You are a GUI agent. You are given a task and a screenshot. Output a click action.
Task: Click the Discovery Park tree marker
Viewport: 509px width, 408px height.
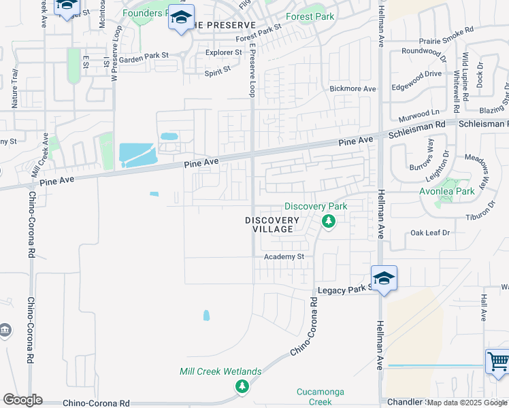click(x=329, y=222)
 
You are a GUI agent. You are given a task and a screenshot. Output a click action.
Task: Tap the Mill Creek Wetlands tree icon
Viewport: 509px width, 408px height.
click(x=242, y=386)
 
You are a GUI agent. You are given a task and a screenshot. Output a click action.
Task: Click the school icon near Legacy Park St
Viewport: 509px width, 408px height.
click(x=384, y=279)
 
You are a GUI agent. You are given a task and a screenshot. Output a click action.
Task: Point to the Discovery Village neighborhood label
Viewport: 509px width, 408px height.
click(x=272, y=224)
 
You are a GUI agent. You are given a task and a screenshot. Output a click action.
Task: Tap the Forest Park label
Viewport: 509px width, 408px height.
click(x=310, y=16)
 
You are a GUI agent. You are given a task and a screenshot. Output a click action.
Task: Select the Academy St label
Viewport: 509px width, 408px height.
click(x=283, y=256)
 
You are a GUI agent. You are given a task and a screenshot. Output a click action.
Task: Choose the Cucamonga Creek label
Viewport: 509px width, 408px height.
click(x=321, y=396)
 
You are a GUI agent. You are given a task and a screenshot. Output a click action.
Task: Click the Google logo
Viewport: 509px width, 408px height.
click(x=22, y=400)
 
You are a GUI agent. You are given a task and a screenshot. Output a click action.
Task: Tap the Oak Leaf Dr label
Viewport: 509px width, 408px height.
click(x=430, y=233)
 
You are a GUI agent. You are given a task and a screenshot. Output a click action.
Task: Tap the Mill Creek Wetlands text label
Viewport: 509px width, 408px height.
click(x=220, y=371)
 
